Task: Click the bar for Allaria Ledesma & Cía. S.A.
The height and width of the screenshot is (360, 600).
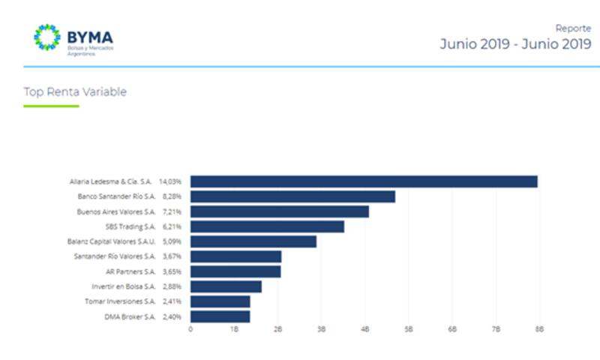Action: pyautogui.click(x=364, y=181)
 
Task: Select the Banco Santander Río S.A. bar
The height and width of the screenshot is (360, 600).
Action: pyautogui.click(x=292, y=196)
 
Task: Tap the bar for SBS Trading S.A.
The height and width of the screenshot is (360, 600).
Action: pyautogui.click(x=267, y=226)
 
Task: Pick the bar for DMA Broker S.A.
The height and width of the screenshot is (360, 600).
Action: pyautogui.click(x=220, y=316)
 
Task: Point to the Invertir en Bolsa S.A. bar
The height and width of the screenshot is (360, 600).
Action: pyautogui.click(x=226, y=286)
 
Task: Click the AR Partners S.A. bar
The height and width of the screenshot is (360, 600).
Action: pyautogui.click(x=235, y=271)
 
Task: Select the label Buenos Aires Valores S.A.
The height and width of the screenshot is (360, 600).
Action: pyautogui.click(x=116, y=211)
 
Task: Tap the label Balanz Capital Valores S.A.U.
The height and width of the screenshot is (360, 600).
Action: pyautogui.click(x=111, y=241)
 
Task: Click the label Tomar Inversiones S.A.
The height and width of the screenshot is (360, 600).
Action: pyautogui.click(x=121, y=301)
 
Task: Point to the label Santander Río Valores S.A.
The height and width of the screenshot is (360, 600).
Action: pyautogui.click(x=115, y=256)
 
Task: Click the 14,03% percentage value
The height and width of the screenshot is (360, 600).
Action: pyautogui.click(x=170, y=181)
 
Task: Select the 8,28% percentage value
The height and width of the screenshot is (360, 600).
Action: pyautogui.click(x=172, y=196)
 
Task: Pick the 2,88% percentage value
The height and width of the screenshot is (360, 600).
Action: pyautogui.click(x=172, y=286)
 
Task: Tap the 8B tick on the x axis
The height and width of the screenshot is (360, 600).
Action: pyautogui.click(x=538, y=329)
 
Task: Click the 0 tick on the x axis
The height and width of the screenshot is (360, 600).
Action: pyautogui.click(x=190, y=329)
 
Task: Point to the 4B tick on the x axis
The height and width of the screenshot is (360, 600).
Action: pyautogui.click(x=365, y=329)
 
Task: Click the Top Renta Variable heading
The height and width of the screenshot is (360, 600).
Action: pyautogui.click(x=75, y=92)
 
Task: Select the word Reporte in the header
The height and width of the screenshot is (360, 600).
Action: pyautogui.click(x=573, y=28)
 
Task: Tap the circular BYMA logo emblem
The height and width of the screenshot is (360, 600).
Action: pyautogui.click(x=47, y=39)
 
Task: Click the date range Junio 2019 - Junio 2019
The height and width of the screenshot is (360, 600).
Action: pyautogui.click(x=515, y=44)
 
